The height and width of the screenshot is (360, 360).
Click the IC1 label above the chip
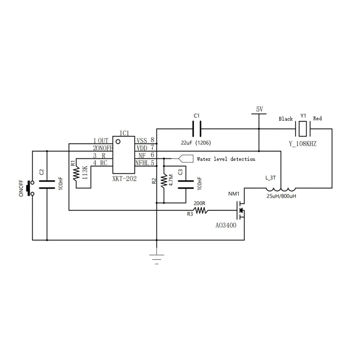[124, 133]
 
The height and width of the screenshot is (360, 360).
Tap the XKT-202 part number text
[125, 179]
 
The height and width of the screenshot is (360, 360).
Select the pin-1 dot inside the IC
[118, 141]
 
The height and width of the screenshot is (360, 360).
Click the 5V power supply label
[260, 109]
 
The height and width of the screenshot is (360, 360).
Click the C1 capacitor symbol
[197, 129]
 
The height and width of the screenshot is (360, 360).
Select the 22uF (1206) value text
[196, 143]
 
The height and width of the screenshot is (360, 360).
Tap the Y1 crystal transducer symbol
[303, 129]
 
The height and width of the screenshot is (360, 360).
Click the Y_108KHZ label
[303, 144]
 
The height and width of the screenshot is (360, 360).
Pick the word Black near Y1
[285, 119]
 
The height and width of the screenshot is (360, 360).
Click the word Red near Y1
[318, 118]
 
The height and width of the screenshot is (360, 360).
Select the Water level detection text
[226, 159]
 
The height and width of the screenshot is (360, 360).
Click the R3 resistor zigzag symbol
[201, 210]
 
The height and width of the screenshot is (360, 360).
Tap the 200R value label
[199, 203]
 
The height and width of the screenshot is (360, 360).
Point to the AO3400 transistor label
[226, 225]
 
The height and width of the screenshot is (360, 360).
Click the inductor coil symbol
[281, 189]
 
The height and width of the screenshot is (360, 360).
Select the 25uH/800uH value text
[281, 196]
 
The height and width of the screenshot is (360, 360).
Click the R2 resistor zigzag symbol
[164, 181]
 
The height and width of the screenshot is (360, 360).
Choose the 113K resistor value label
[85, 173]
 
